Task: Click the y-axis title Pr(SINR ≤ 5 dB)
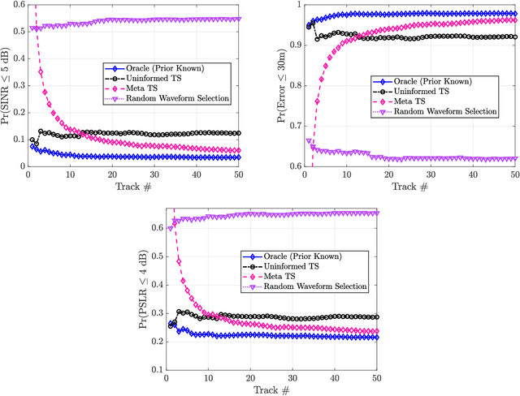tap(6, 84)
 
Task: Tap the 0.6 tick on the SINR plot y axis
tap(18, 5)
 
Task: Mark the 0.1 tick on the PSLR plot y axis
tap(155, 369)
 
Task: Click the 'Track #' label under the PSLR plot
tap(271, 390)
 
